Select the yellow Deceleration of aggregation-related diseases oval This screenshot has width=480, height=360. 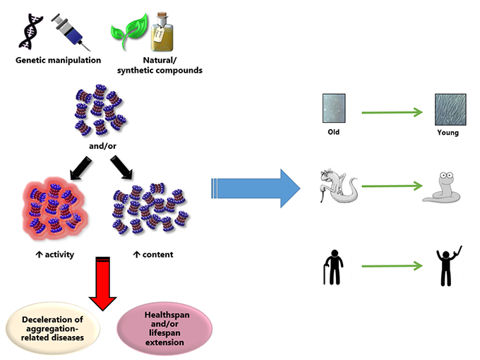[x=56, y=325]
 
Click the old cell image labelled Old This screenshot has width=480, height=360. [x=333, y=109]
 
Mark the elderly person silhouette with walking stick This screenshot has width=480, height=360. [x=333, y=264]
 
